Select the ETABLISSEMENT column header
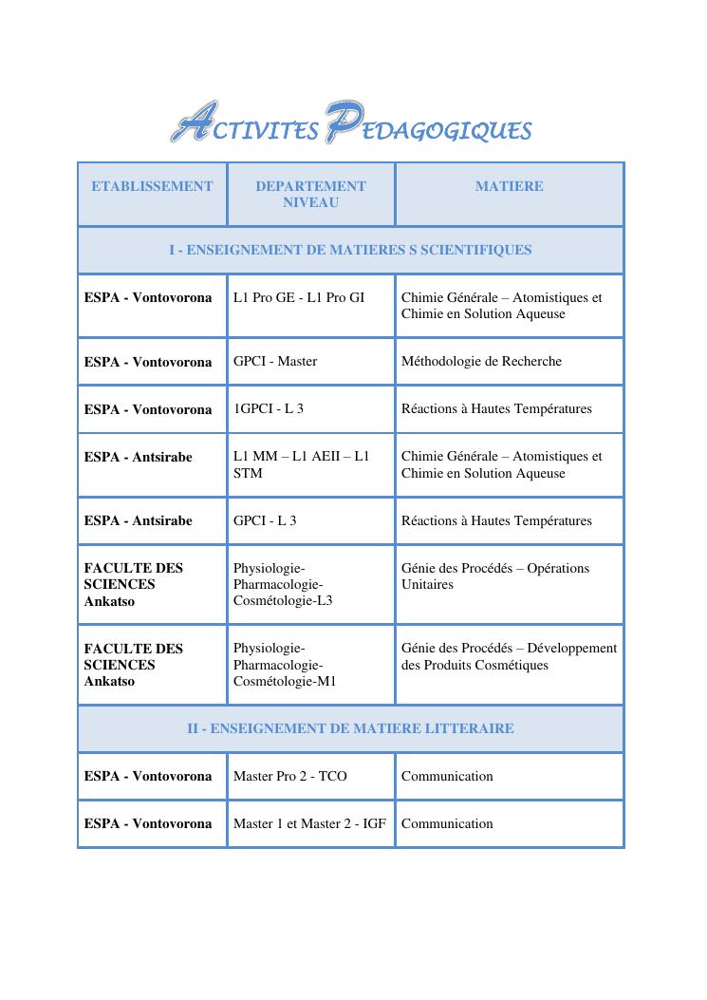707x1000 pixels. coord(152,186)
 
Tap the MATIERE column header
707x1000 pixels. coord(509,186)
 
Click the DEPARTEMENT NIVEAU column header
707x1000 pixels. coord(310,194)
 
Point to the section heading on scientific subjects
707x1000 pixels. coord(350,250)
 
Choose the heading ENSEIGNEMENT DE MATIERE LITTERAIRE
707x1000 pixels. coord(350,728)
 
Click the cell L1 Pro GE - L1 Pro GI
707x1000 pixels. coord(299,297)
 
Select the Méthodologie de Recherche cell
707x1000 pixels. coord(481,361)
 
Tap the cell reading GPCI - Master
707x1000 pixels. coord(275,361)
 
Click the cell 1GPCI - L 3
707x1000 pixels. coord(269,409)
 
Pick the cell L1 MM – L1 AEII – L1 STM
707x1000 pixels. coord(301,464)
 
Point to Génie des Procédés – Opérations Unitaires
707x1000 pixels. coord(494,576)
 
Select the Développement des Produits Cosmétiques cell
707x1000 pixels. coord(509,656)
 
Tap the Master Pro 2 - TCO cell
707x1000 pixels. coord(290,776)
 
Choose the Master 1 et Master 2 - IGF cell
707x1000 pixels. coord(309,823)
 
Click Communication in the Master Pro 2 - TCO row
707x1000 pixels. coord(447,776)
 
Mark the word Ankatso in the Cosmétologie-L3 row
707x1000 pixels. coord(109,600)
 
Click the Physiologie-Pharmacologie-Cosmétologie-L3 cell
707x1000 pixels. coord(283,584)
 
